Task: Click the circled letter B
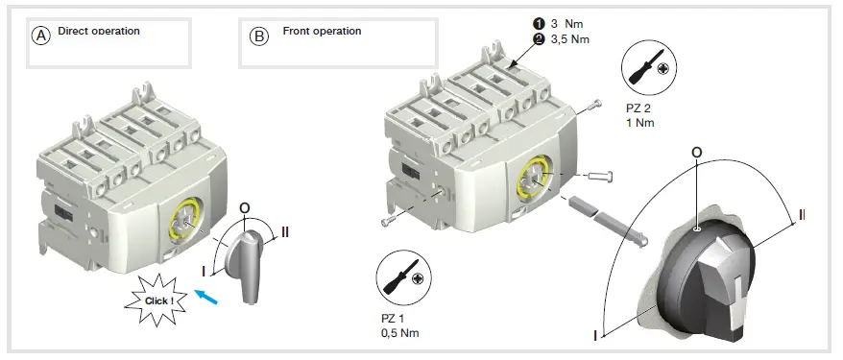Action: click(259, 36)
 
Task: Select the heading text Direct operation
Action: click(99, 31)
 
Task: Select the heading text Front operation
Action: click(322, 31)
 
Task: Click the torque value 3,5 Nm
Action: click(570, 38)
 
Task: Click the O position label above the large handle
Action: click(696, 152)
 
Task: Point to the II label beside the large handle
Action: click(801, 213)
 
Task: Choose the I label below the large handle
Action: click(596, 335)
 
